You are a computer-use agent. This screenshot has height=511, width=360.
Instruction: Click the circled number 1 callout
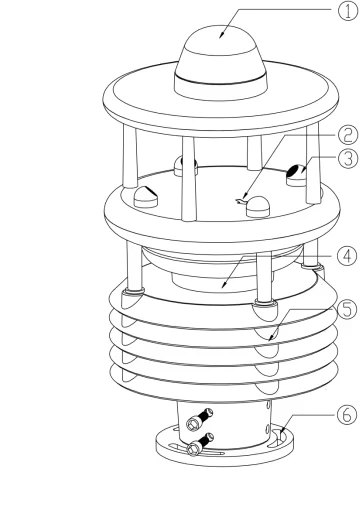pyautogui.click(x=348, y=11)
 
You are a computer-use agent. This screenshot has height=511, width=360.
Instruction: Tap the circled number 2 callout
pyautogui.click(x=348, y=135)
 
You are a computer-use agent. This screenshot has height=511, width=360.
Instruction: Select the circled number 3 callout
pyautogui.click(x=348, y=158)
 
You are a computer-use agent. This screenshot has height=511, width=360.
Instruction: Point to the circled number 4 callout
pyautogui.click(x=347, y=256)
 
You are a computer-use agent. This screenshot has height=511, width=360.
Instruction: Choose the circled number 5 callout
pyautogui.click(x=347, y=309)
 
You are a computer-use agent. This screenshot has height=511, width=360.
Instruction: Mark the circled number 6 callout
pyautogui.click(x=347, y=415)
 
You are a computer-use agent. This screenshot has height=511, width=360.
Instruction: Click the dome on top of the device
pyautogui.click(x=221, y=63)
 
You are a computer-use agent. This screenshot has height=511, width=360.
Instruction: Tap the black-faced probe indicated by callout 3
pyautogui.click(x=297, y=175)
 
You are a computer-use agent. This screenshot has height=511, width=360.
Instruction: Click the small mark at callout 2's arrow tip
pyautogui.click(x=241, y=201)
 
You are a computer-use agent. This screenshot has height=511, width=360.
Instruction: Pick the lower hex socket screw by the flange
pyautogui.click(x=200, y=444)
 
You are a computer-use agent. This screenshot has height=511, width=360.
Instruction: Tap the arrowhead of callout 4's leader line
pyautogui.click(x=225, y=284)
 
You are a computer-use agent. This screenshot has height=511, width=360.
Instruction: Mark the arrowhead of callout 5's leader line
pyautogui.click(x=272, y=337)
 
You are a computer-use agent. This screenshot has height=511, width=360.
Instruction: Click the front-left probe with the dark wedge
pyautogui.click(x=146, y=197)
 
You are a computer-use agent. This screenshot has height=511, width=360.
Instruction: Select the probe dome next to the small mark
pyautogui.click(x=258, y=207)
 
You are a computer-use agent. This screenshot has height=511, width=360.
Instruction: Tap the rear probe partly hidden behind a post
pyautogui.click(x=185, y=166)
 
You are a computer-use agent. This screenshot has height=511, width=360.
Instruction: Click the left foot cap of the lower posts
pyautogui.click(x=133, y=298)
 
